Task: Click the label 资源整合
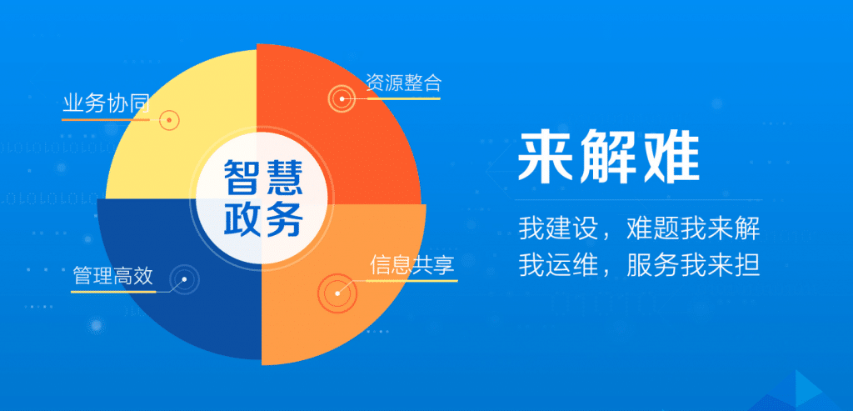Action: [404, 83]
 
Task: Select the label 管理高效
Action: [113, 277]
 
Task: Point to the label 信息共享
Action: [412, 265]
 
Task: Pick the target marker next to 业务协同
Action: [170, 120]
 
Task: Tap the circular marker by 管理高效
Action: [184, 280]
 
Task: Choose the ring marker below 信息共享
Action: [337, 293]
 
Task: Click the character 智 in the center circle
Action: [241, 177]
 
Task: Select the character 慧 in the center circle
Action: [283, 177]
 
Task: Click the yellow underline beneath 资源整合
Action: [404, 99]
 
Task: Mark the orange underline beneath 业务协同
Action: [106, 119]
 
